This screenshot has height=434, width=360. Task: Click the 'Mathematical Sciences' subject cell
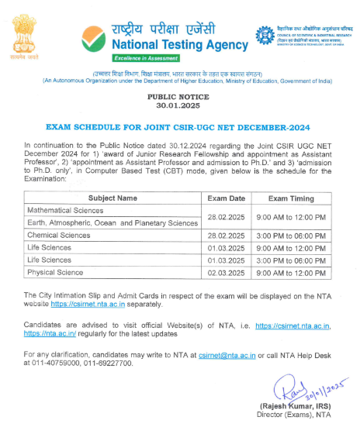[60, 210]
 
